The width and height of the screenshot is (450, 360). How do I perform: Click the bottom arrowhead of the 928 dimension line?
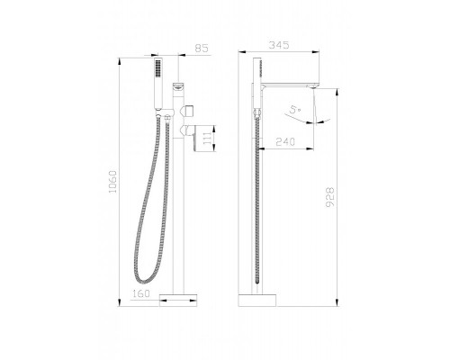point(334,301)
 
